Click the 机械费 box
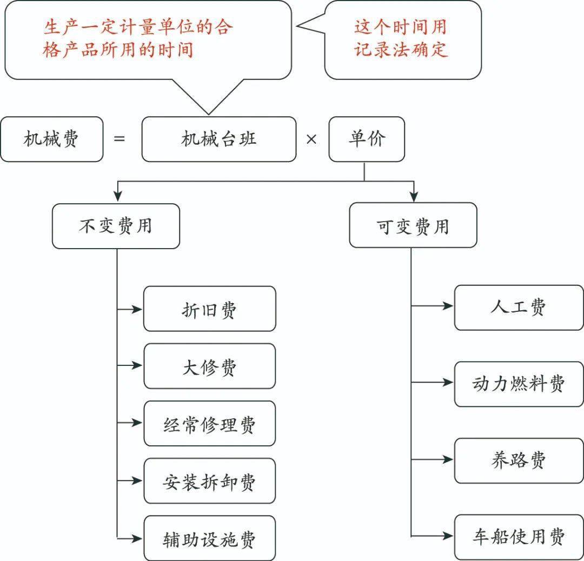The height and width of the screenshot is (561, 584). (51, 139)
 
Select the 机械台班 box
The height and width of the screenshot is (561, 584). (218, 139)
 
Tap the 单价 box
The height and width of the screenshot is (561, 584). (367, 139)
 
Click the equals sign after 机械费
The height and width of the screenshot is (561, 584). (120, 139)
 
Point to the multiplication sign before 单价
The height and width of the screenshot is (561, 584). (311, 139)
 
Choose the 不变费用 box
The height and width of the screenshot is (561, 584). (116, 226)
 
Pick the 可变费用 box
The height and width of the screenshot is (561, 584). (413, 225)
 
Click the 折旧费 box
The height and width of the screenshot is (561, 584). (209, 309)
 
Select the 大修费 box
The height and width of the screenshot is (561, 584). (209, 366)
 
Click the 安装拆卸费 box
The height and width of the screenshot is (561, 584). (209, 480)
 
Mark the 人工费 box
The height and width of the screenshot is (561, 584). (519, 308)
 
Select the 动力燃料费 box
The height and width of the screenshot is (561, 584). (519, 384)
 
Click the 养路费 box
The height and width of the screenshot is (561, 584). (519, 460)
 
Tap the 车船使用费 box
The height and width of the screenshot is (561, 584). (519, 537)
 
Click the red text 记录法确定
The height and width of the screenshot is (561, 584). (401, 49)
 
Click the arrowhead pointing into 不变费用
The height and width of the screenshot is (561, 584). (117, 197)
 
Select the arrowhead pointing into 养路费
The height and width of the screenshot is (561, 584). (448, 459)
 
